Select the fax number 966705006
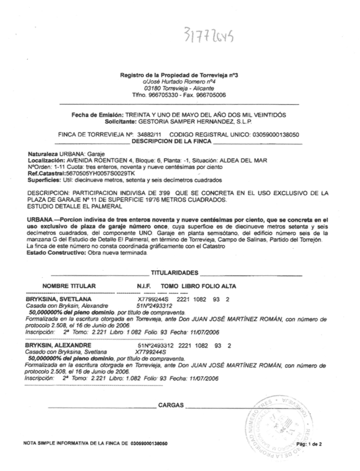click(x=211, y=95)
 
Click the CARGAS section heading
click(x=171, y=405)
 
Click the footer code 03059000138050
click(x=149, y=444)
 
